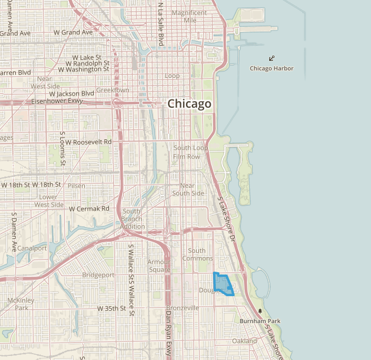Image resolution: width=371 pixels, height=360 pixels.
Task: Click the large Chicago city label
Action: [x=189, y=104]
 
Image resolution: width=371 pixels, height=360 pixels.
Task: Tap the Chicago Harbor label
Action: [x=272, y=68]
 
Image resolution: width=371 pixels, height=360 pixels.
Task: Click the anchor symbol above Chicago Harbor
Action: [x=272, y=59]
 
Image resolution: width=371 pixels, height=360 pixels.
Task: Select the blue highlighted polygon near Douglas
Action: [x=222, y=284]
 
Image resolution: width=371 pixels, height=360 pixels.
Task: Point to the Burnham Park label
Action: [x=260, y=321]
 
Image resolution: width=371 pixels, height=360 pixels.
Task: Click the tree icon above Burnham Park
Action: [x=260, y=311]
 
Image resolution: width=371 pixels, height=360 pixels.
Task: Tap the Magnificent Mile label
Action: [x=189, y=16]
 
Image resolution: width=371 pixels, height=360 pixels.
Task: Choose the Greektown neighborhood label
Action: [x=112, y=90]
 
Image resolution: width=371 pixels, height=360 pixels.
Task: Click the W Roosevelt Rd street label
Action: [x=88, y=142]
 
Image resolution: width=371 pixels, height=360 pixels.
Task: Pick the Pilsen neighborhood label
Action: [x=76, y=186]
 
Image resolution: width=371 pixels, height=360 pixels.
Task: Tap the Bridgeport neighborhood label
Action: [x=98, y=275]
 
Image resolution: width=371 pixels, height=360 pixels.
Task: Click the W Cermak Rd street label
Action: [x=89, y=208]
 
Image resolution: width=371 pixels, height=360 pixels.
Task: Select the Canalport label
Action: [x=32, y=248]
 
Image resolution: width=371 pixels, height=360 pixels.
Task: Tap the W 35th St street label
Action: [x=112, y=308]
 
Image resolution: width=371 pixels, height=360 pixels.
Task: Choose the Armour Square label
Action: [x=159, y=266]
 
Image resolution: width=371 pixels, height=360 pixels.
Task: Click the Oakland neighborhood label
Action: [x=244, y=341]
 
